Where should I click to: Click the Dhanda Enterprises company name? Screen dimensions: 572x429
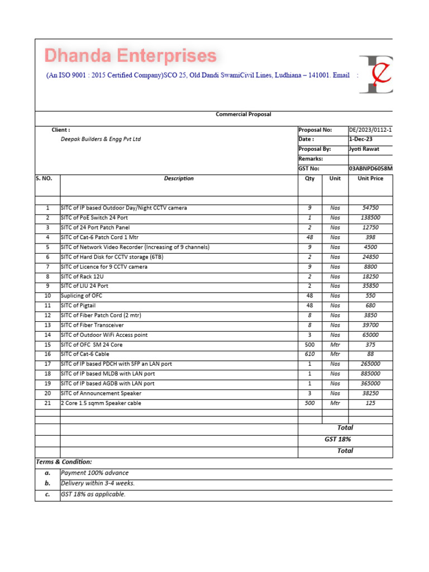[x=130, y=56]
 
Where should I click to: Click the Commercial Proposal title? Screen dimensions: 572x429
[x=243, y=115]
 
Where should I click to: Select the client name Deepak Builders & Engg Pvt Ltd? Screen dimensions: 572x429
[x=101, y=139]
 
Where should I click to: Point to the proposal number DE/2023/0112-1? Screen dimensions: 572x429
[x=370, y=130]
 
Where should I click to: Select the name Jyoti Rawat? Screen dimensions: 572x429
[x=364, y=149]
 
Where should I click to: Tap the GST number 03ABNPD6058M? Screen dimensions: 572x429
[x=370, y=169]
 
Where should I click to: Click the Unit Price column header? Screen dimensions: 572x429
[x=370, y=179]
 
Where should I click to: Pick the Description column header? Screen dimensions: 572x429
[x=179, y=179]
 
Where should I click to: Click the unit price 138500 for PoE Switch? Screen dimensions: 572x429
[x=370, y=218]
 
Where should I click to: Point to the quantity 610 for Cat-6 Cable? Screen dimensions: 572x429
[x=309, y=354]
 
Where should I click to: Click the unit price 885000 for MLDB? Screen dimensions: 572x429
[x=370, y=374]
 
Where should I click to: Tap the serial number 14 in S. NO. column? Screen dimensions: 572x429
[x=47, y=335]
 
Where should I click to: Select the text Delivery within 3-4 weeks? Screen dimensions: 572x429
[x=98, y=484]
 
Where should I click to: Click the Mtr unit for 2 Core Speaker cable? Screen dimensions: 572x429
[x=335, y=403]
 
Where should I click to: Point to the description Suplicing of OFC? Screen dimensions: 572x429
[x=82, y=296]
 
